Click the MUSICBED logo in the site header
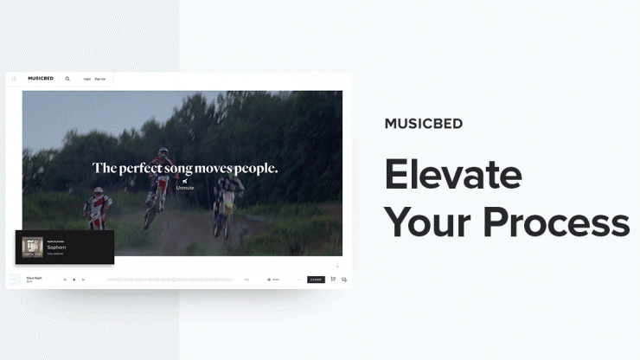click(41, 79)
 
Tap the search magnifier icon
click(67, 79)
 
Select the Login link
click(86, 79)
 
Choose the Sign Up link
click(99, 79)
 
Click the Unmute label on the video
click(185, 187)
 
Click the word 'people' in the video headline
click(257, 168)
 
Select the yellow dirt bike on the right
click(227, 208)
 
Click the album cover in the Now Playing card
click(33, 247)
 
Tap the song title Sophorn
click(57, 247)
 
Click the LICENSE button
click(316, 280)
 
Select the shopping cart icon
click(333, 280)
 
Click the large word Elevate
click(453, 174)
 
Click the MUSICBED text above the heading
click(424, 124)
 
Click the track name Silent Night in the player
click(35, 278)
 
